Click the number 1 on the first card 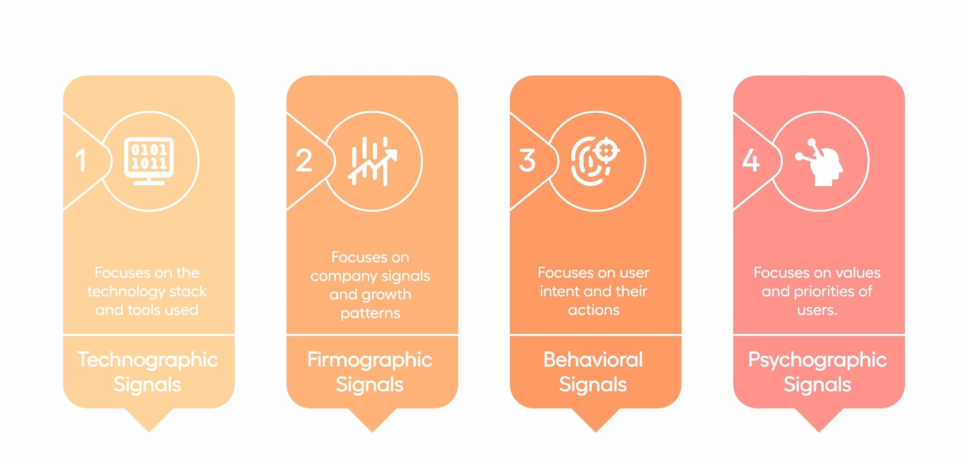pyautogui.click(x=81, y=161)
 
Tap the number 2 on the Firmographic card pyautogui.click(x=304, y=161)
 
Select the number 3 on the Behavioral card pyautogui.click(x=527, y=161)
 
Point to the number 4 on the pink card pyautogui.click(x=750, y=161)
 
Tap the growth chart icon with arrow pyautogui.click(x=372, y=161)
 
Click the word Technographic pyautogui.click(x=147, y=360)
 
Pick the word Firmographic pyautogui.click(x=370, y=360)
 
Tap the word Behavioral pyautogui.click(x=593, y=360)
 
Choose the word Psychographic pyautogui.click(x=817, y=360)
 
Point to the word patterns pyautogui.click(x=370, y=313)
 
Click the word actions pyautogui.click(x=593, y=310)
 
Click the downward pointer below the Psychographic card pyautogui.click(x=819, y=420)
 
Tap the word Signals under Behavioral pyautogui.click(x=593, y=385)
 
